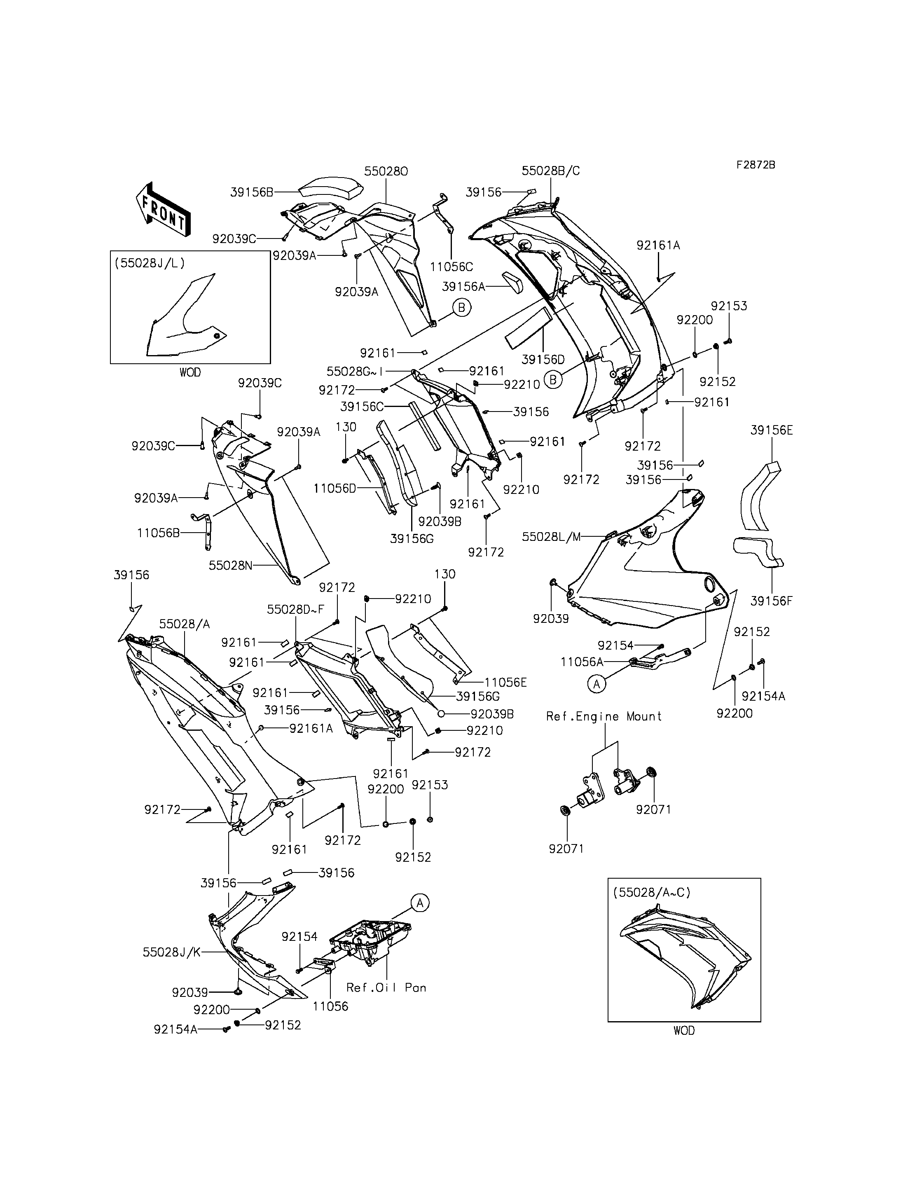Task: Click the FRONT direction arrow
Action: pos(163,210)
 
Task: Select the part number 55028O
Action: pos(386,171)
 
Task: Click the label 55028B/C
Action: pos(551,171)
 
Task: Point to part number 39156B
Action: pos(252,192)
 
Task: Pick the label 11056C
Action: pos(451,266)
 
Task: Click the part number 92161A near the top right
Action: pos(658,245)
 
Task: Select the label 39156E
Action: pos(772,430)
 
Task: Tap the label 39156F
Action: pos(771,601)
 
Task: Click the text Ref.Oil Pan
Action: pos(386,987)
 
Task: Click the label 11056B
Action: pos(158,533)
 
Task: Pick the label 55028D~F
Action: pos(296,610)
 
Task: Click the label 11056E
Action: pos(506,682)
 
